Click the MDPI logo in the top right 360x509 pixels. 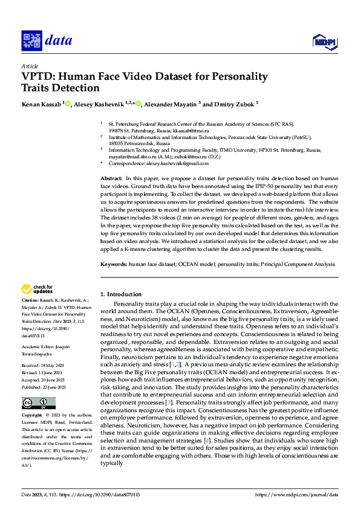pyautogui.click(x=324, y=41)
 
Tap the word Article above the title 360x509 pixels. pyautogui.click(x=30, y=66)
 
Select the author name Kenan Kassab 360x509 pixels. pyautogui.click(x=41, y=104)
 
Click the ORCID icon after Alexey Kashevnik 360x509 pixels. pyautogui.click(x=138, y=103)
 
